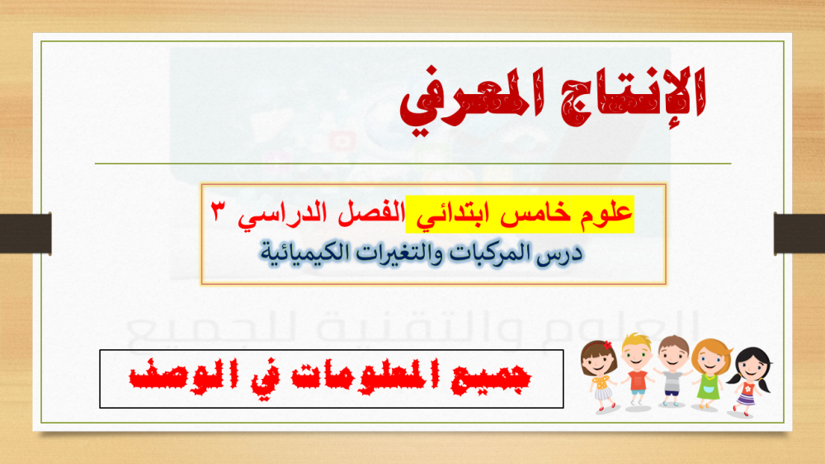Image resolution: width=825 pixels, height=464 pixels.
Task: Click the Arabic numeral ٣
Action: point(218,211)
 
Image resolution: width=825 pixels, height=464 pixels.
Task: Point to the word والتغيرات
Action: point(398,253)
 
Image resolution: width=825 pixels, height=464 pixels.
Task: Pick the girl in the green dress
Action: point(709,374)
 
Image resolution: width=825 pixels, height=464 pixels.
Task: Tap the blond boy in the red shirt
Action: point(637,370)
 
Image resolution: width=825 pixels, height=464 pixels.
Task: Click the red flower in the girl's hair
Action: point(608,345)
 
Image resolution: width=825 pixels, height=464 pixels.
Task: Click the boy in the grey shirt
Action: point(673,372)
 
